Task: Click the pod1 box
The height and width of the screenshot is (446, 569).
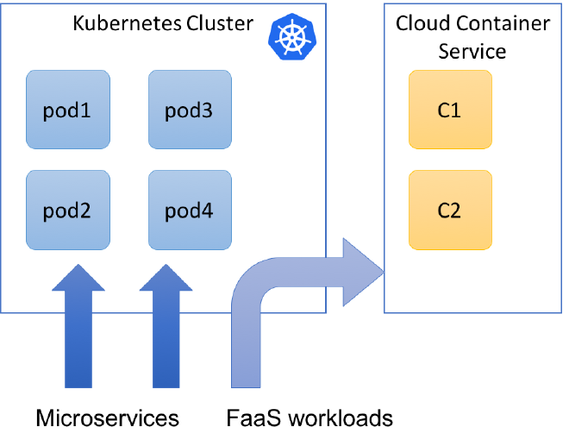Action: (68, 110)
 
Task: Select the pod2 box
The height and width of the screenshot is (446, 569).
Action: (68, 211)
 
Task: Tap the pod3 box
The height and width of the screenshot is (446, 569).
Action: (190, 110)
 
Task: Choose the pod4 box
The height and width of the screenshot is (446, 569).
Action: (190, 211)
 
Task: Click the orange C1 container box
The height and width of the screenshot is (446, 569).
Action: (450, 110)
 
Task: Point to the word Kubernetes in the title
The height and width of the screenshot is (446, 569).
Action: (127, 23)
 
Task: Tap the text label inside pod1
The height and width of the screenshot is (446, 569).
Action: (68, 110)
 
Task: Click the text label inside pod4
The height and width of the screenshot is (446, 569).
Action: (190, 211)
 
